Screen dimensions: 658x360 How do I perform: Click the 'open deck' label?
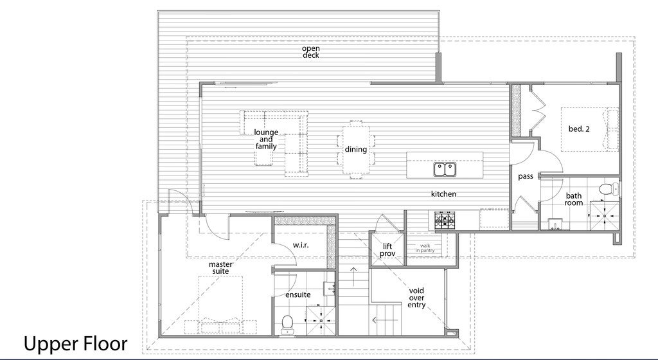[x=310, y=51]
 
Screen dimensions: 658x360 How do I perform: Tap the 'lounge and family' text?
[x=266, y=139]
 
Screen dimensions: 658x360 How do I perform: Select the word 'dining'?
[x=356, y=149]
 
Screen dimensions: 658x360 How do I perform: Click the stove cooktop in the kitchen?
[x=445, y=221]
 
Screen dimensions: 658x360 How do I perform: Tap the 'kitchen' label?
[x=443, y=194]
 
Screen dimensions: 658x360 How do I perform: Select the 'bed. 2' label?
[x=579, y=129]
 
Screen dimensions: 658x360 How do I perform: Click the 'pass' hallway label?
[x=526, y=176]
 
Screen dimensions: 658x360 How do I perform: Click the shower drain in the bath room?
[x=605, y=215]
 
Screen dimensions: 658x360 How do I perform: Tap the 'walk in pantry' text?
[x=425, y=248]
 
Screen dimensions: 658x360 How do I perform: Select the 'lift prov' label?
[x=387, y=249]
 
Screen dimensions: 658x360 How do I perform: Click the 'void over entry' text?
[x=416, y=298]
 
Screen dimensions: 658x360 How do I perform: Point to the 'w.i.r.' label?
[x=301, y=245]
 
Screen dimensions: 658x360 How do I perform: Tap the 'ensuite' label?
[x=298, y=294]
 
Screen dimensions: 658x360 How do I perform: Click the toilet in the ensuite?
[x=287, y=325]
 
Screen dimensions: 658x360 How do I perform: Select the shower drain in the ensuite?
[x=321, y=321]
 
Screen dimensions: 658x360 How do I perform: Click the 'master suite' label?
[x=220, y=267]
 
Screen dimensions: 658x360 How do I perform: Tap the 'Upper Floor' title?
[x=76, y=344]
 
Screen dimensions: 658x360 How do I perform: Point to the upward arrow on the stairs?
[x=353, y=276]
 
